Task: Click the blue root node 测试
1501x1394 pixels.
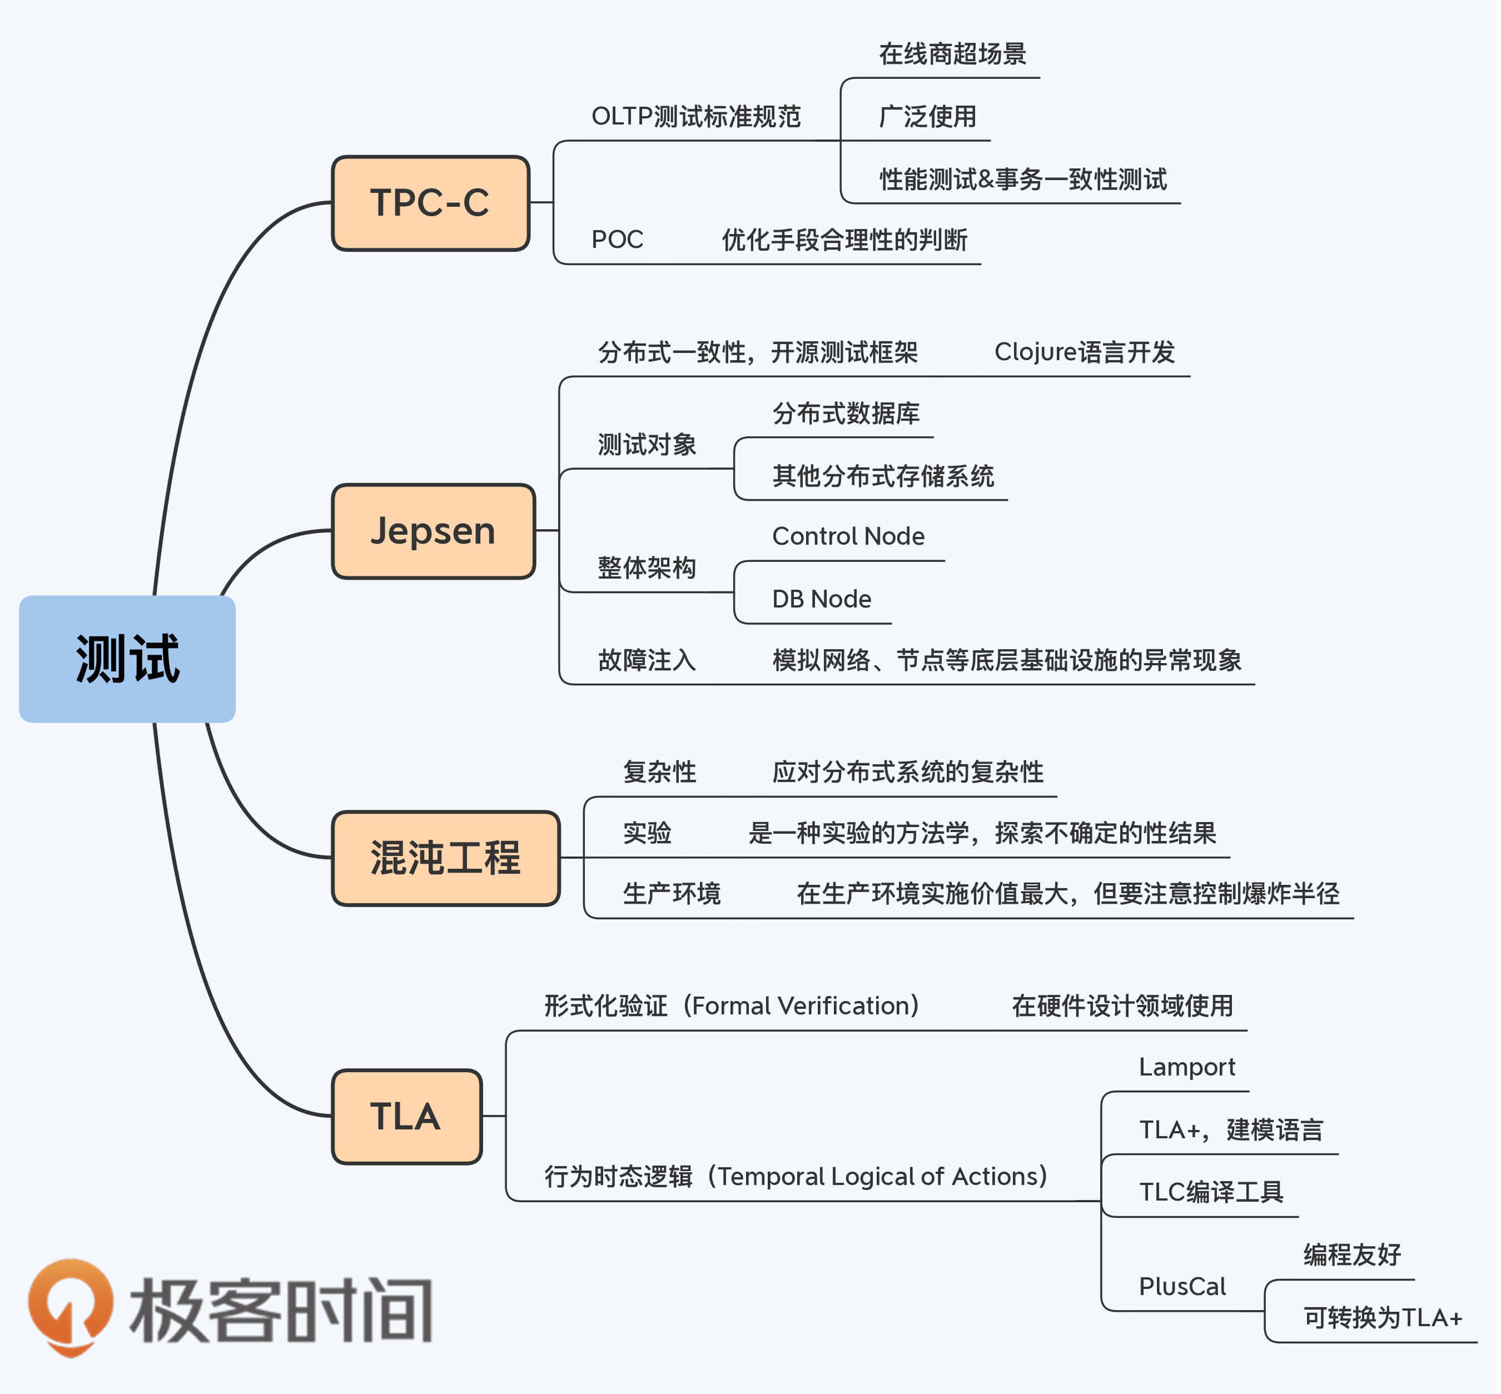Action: click(x=127, y=659)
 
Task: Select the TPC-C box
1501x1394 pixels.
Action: click(x=430, y=203)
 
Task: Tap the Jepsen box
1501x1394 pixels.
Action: click(x=433, y=531)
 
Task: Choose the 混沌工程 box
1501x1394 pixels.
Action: click(x=445, y=858)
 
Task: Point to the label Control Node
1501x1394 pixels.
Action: click(x=848, y=536)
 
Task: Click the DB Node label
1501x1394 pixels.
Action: click(x=822, y=599)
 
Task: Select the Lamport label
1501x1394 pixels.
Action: click(x=1186, y=1067)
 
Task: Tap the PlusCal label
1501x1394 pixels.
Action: click(x=1182, y=1286)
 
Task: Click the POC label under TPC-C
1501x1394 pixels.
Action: click(x=617, y=240)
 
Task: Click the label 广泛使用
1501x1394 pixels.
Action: click(x=927, y=117)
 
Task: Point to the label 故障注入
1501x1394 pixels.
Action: click(x=647, y=660)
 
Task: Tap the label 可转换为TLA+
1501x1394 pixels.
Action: click(x=1383, y=1318)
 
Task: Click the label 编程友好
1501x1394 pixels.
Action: click(x=1351, y=1254)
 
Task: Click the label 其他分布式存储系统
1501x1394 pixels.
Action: click(x=882, y=476)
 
